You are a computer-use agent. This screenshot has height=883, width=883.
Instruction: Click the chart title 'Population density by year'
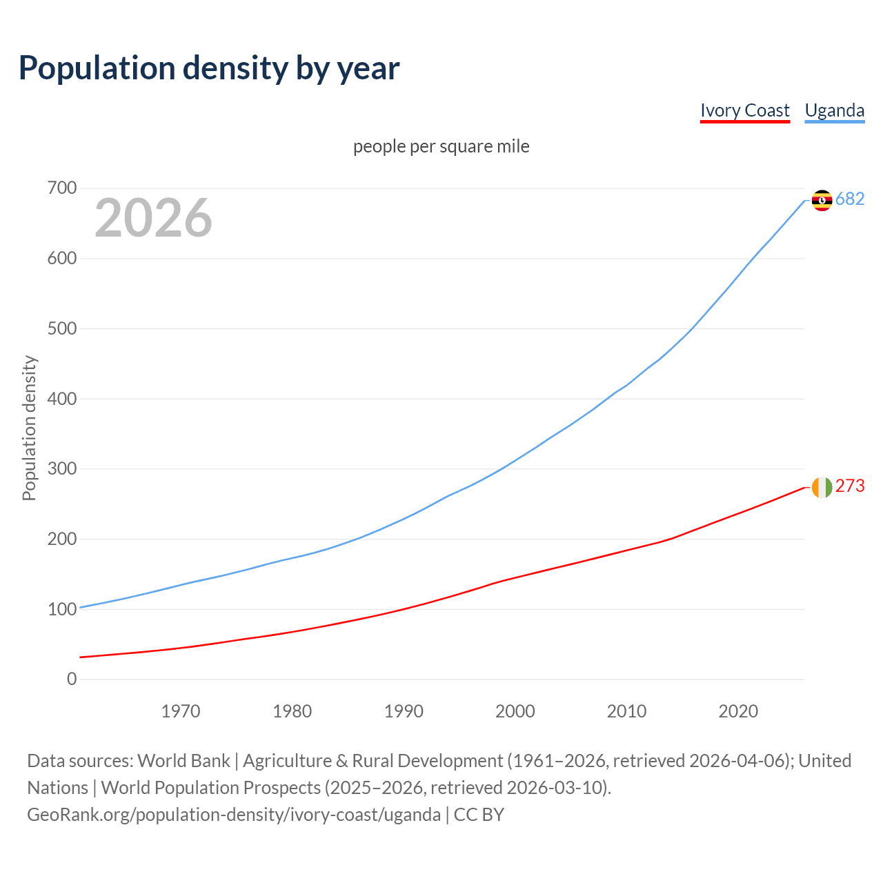point(209,68)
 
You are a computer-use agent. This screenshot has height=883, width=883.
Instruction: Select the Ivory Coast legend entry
point(744,110)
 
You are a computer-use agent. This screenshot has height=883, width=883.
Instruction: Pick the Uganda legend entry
point(834,110)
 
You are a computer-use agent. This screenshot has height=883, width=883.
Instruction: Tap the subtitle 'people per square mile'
point(441,146)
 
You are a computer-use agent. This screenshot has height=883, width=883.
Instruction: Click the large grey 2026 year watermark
point(153,218)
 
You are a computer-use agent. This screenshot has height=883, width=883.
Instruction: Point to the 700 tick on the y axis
point(62,188)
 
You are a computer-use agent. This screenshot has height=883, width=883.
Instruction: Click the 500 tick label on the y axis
point(62,328)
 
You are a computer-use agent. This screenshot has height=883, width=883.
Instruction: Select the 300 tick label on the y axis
point(62,469)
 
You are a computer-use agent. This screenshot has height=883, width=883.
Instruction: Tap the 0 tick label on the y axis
point(72,679)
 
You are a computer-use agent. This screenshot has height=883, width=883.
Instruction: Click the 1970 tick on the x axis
point(181,711)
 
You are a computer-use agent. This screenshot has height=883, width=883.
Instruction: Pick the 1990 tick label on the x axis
point(404,711)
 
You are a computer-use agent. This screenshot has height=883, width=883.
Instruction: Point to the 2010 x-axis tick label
point(626,711)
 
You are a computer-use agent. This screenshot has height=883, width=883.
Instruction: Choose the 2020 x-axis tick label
point(738,711)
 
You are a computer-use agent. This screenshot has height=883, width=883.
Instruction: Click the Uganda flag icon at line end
point(822,200)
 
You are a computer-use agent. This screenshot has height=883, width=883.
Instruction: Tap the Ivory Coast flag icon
point(822,487)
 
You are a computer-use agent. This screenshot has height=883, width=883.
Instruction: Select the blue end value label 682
point(850,199)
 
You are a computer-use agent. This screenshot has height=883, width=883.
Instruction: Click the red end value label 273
point(850,486)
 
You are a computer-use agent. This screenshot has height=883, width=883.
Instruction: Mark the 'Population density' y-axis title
point(29,428)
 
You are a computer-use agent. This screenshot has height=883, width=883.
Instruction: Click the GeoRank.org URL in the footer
point(234,815)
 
